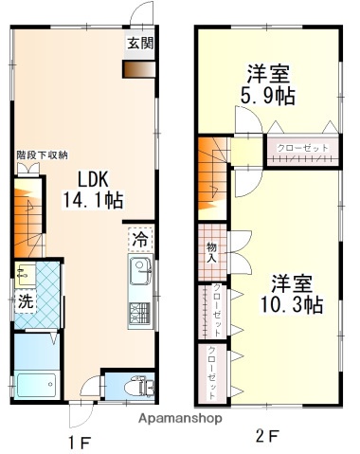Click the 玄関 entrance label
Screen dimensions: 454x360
pos(140,43)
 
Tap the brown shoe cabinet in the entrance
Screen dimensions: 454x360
pos(138,70)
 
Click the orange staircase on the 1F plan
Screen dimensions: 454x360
pos(27,218)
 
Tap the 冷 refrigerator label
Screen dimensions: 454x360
pos(139,240)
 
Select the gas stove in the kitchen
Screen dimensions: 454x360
pos(139,313)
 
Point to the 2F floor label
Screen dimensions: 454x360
pos(269,437)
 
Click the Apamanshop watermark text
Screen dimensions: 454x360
pos(180,418)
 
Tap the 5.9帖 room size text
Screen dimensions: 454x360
pos(268,95)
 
